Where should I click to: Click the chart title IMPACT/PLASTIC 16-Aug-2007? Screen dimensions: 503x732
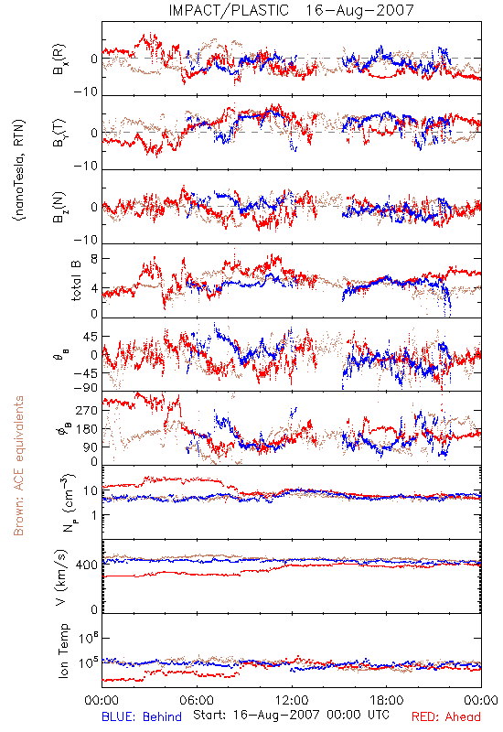(291, 10)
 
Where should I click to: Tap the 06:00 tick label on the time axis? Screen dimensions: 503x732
(197, 700)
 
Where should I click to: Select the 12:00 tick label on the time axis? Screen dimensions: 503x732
(292, 700)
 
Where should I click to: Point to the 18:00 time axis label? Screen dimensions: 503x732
(386, 700)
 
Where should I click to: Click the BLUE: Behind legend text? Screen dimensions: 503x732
(142, 716)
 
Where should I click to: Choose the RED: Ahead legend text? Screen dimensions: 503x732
(445, 716)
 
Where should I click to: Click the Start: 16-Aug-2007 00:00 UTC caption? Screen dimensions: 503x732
(291, 715)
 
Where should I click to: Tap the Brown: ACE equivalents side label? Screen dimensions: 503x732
(18, 466)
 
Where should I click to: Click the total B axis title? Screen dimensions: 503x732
(76, 281)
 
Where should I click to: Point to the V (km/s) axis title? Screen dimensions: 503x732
(61, 577)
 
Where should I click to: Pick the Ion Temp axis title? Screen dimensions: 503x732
(63, 651)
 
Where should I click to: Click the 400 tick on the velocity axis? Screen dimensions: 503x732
(87, 565)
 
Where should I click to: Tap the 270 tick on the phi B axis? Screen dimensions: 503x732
(87, 410)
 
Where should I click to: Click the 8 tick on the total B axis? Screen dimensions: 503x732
(94, 258)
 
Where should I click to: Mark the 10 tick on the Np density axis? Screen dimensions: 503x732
(90, 490)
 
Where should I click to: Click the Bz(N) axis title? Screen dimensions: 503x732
(59, 207)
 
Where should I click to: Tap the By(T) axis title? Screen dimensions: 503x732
(59, 133)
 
